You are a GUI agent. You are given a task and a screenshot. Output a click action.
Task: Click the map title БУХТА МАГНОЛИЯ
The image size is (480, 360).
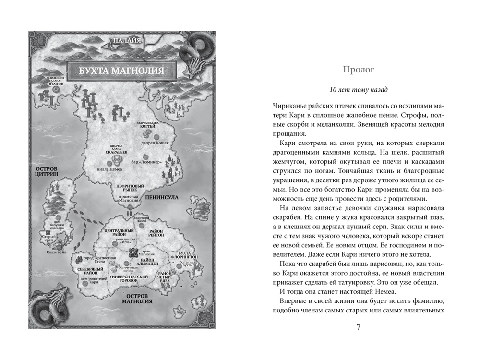(x=120, y=71)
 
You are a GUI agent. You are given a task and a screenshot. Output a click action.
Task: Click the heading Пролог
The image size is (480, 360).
(x=359, y=70)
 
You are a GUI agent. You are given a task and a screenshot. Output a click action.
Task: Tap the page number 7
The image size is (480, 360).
(x=359, y=328)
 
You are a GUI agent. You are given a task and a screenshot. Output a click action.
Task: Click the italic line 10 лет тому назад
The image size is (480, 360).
(x=359, y=90)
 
